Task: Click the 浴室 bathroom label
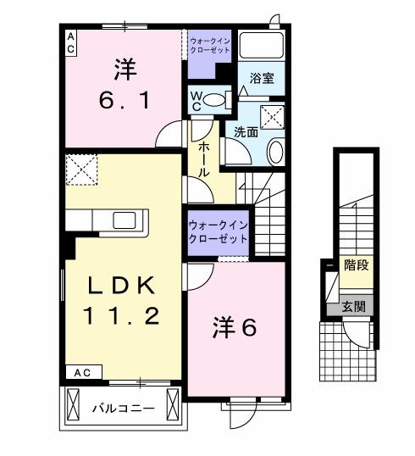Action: [262, 79]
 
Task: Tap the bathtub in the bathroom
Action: [262, 47]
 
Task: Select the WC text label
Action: [196, 100]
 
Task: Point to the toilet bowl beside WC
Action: [217, 100]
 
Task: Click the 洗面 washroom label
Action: [246, 132]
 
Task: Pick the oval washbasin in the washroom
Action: [275, 153]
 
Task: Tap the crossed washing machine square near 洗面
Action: [272, 118]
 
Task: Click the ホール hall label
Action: [205, 159]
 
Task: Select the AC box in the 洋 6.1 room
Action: [70, 43]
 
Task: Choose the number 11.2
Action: [121, 318]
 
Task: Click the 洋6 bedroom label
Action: [234, 327]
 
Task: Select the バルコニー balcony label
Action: [123, 409]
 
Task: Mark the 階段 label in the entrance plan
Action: [356, 266]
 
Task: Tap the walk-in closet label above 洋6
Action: [219, 231]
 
